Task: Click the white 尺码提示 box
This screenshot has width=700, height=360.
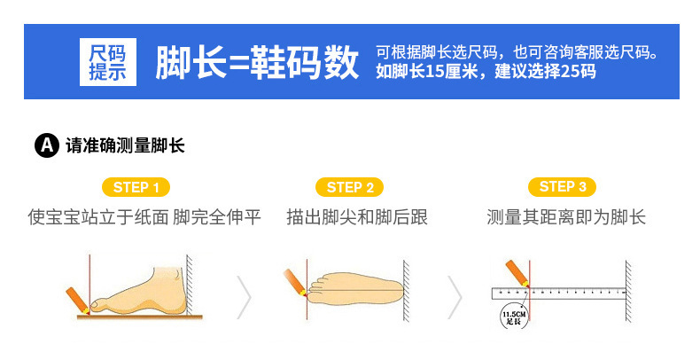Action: (108, 62)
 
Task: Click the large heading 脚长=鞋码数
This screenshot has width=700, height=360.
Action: (257, 62)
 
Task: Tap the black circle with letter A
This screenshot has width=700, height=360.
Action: (47, 145)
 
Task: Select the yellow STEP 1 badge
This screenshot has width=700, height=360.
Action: (136, 187)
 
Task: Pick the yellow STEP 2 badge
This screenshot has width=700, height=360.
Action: (349, 187)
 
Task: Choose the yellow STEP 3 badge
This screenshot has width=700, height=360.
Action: (562, 187)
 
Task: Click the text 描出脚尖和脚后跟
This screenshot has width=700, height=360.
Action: (357, 217)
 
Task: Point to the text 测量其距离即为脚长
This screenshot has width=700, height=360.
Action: (566, 217)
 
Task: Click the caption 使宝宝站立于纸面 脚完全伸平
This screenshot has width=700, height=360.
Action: (144, 217)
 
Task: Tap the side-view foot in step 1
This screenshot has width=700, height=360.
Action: (139, 293)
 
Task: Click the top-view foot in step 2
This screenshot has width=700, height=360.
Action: (356, 288)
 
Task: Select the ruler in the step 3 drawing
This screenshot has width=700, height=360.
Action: (558, 293)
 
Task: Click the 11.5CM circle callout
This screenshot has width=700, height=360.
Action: (514, 316)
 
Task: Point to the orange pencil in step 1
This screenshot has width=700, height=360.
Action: (78, 301)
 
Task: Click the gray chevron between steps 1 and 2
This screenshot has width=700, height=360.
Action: (244, 297)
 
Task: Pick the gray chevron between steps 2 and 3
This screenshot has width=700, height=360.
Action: (455, 297)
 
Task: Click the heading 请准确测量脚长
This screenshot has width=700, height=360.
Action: (125, 145)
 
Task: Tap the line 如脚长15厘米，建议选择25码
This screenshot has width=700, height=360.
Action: (486, 72)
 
